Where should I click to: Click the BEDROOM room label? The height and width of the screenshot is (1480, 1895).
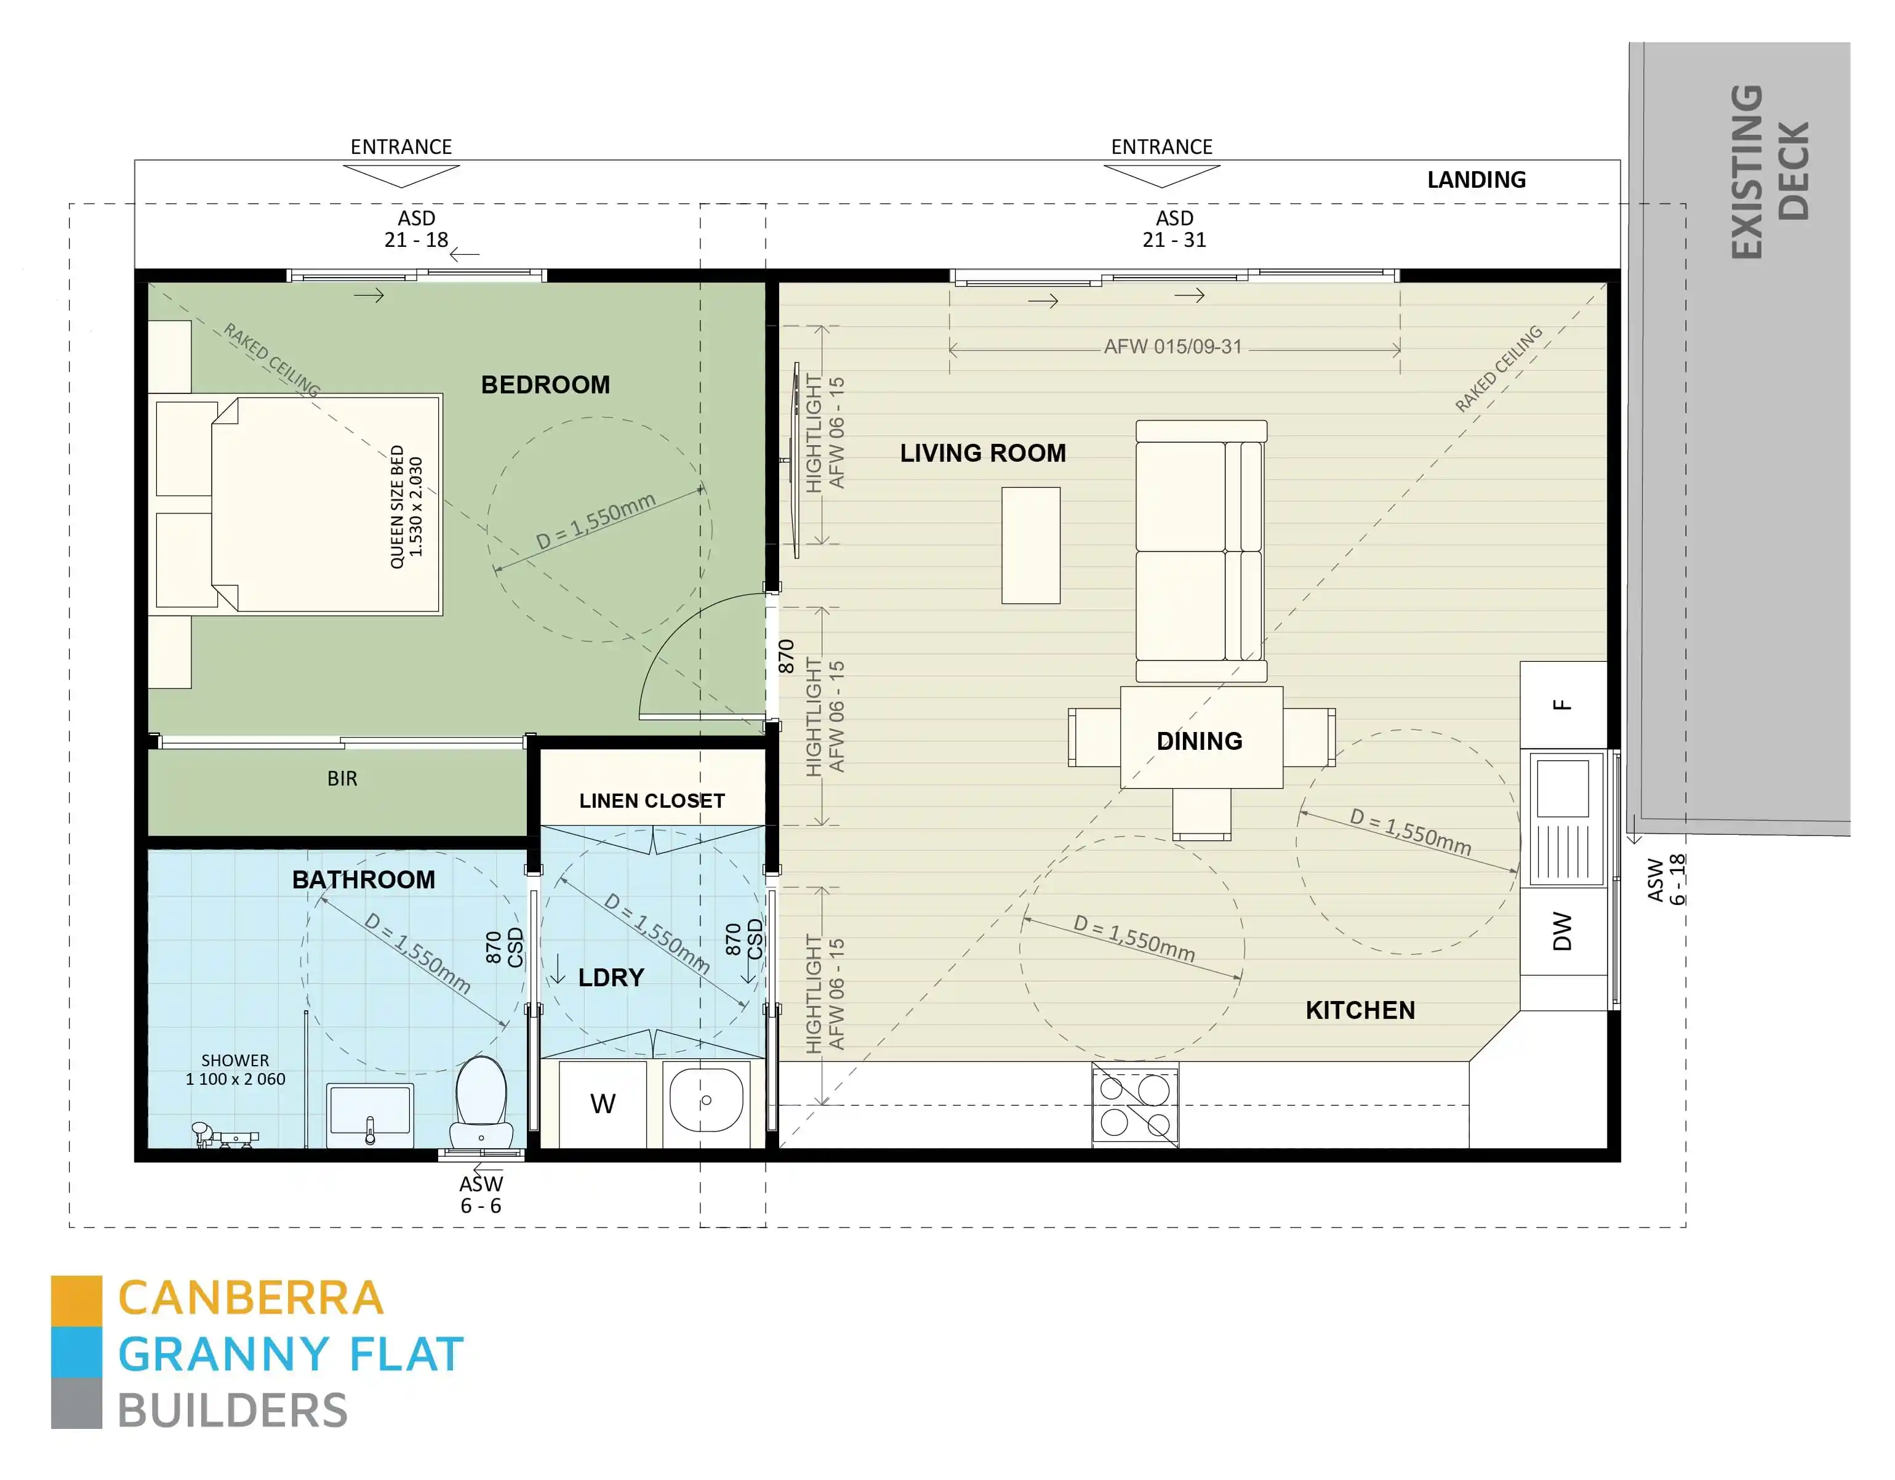[x=545, y=385]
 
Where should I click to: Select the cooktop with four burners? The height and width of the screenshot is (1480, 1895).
[x=1135, y=1105]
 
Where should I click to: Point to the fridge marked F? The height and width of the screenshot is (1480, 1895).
[x=1563, y=705]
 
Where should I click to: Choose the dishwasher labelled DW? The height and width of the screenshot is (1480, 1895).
[x=1563, y=931]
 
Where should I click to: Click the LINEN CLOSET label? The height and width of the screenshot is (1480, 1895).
[x=652, y=800]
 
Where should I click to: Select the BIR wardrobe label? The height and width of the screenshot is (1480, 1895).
[x=342, y=779]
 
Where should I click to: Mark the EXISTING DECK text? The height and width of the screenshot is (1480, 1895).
[x=1770, y=171]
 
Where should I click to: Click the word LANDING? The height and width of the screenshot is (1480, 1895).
[x=1476, y=180]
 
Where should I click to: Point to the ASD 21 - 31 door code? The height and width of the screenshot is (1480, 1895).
[x=1174, y=229]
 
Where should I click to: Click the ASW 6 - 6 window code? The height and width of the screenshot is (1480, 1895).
[x=481, y=1194]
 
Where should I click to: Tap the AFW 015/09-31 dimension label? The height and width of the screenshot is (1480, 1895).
[x=1172, y=347]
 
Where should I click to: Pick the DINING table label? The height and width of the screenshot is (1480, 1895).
[x=1199, y=741]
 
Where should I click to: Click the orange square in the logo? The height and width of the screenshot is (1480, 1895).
[x=76, y=1300]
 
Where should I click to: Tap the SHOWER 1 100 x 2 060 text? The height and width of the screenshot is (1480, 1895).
[x=235, y=1069]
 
